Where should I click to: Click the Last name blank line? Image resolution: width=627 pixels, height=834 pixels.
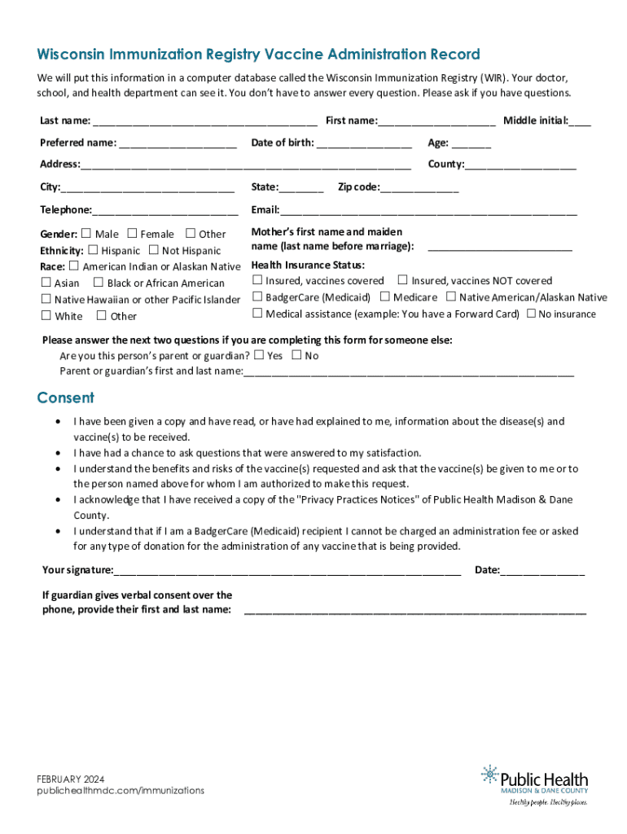click(205, 122)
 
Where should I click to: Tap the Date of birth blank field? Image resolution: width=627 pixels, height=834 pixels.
click(364, 144)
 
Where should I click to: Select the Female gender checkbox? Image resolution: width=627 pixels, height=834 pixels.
click(133, 234)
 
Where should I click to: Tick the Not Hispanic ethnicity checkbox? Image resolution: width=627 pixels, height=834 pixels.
click(155, 250)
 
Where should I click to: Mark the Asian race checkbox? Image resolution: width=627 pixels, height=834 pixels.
click(46, 283)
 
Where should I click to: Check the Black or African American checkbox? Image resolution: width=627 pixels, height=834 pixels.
click(99, 283)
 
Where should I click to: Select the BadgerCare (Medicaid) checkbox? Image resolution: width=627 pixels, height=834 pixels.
click(257, 297)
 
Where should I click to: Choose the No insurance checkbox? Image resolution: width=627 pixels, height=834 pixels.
click(531, 314)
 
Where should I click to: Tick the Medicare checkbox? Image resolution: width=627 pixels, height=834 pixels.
click(385, 297)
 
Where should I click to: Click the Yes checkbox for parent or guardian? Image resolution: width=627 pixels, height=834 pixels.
click(259, 355)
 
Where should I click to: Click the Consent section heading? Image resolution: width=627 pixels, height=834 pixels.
click(65, 397)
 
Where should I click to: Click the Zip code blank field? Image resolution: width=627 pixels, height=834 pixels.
click(419, 188)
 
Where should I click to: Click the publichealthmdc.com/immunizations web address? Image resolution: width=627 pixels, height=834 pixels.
click(121, 791)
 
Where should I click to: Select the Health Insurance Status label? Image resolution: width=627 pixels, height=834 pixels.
click(308, 266)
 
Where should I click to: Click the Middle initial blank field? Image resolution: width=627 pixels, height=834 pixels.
click(581, 122)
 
